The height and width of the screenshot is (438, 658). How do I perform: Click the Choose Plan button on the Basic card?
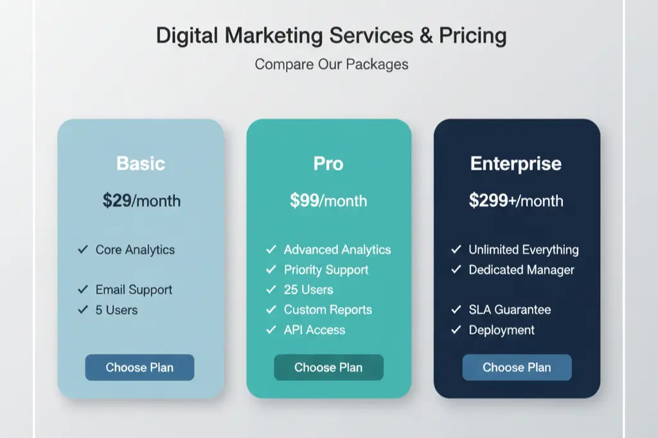139,367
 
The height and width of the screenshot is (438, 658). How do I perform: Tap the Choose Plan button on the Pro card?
328,367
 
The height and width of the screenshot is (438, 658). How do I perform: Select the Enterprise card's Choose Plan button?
517,367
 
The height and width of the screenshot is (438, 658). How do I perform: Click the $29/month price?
141,200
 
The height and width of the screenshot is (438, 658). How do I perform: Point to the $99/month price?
328,200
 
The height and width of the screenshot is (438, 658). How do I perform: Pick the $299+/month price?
516,200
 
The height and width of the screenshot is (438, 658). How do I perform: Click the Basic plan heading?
141,163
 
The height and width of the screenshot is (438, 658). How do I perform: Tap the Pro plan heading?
328,163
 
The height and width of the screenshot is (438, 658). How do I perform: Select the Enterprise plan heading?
516,163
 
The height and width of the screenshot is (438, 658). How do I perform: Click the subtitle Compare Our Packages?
332,64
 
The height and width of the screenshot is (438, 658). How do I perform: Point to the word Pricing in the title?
473,35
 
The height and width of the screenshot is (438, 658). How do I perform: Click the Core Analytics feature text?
135,250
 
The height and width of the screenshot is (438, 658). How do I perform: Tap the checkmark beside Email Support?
82,290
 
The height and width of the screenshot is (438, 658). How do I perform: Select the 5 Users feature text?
116,310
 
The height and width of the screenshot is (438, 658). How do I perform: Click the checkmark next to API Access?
271,330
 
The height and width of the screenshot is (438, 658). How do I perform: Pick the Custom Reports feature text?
328,310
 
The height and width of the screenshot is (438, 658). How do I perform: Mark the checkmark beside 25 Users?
271,290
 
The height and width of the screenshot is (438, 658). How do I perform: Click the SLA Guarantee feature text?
510,310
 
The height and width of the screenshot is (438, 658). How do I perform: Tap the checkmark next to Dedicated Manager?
456,270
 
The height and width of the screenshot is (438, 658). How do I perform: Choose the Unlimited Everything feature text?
524,250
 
